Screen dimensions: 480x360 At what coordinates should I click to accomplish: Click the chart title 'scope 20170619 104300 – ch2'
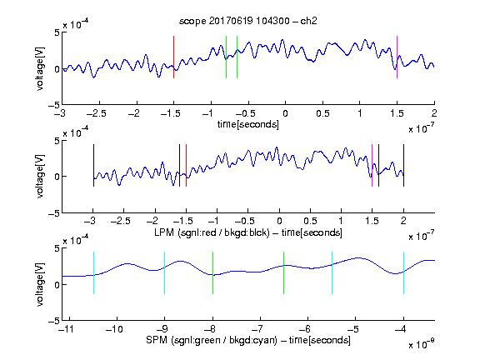[x=247, y=21]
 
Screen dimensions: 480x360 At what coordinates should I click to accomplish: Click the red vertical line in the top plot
[x=173, y=57]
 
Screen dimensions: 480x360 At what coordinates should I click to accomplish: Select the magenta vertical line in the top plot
[x=397, y=57]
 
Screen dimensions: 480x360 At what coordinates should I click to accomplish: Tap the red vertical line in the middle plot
[x=186, y=165]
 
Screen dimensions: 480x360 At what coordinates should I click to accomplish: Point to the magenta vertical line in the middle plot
[x=372, y=165]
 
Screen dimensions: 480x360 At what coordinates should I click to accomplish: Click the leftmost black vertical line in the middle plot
[x=93, y=165]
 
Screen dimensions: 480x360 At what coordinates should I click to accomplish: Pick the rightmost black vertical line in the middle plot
[x=403, y=165]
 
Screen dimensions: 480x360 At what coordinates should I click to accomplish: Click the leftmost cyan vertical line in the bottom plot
[x=93, y=272]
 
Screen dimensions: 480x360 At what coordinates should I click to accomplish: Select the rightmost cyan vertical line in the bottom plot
[x=403, y=272]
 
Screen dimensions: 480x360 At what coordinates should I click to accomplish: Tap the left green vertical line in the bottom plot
[x=212, y=272]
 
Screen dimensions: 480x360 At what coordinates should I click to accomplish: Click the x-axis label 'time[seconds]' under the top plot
[x=248, y=124]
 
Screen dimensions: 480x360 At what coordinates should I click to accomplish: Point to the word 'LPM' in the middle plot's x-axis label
[x=164, y=232]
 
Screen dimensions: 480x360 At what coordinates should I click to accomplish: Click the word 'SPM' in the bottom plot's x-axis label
[x=157, y=340]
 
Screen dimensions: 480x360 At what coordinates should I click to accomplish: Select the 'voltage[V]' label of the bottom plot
[x=40, y=284]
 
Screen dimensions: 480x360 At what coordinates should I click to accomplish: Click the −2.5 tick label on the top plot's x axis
[x=97, y=113]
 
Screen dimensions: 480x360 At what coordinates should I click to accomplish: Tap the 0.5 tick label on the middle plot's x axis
[x=310, y=221]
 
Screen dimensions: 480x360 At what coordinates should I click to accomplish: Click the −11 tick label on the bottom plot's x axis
[x=67, y=329]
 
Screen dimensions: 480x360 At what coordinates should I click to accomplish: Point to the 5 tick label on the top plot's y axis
[x=57, y=32]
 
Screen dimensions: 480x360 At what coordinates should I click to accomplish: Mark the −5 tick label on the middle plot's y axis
[x=54, y=213]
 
